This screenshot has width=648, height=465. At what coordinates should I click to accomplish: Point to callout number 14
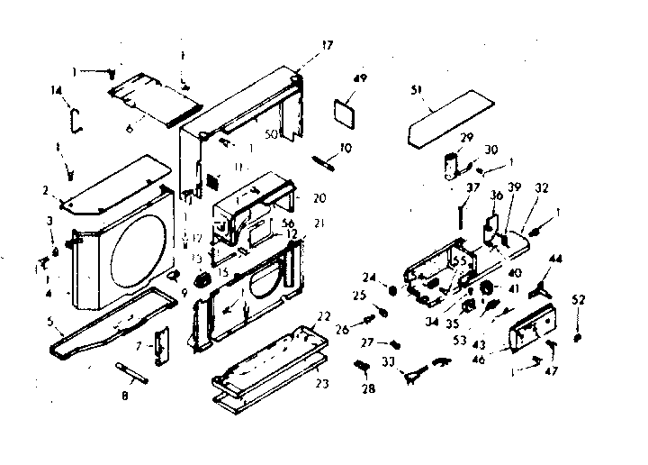pyautogui.click(x=56, y=90)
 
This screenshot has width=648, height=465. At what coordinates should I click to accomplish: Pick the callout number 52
pyautogui.click(x=579, y=300)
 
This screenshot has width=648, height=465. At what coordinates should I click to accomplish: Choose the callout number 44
pyautogui.click(x=555, y=259)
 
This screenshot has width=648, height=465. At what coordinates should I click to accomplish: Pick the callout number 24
pyautogui.click(x=369, y=277)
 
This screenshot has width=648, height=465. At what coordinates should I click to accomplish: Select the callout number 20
pyautogui.click(x=320, y=197)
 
